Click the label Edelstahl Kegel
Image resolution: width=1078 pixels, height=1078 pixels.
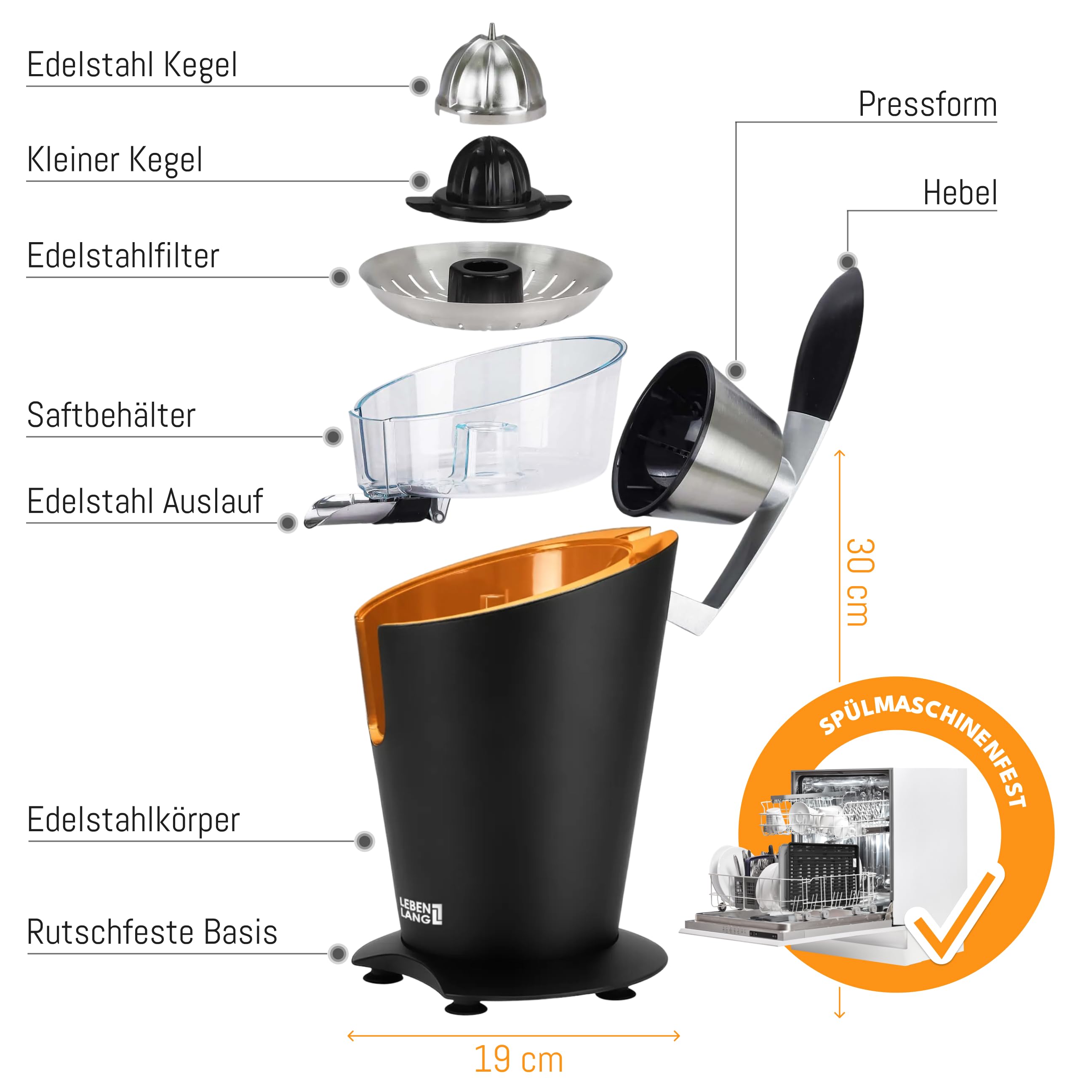132,65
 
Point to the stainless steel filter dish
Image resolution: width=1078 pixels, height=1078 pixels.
486,285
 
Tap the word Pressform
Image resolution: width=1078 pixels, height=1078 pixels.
927,104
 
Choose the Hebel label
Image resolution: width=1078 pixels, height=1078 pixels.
960,193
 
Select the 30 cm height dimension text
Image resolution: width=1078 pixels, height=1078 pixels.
859,582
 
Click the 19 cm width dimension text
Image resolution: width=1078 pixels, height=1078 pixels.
518,1059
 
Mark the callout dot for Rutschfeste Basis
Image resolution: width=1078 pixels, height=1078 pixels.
338,954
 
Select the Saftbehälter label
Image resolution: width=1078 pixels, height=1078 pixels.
111,415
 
